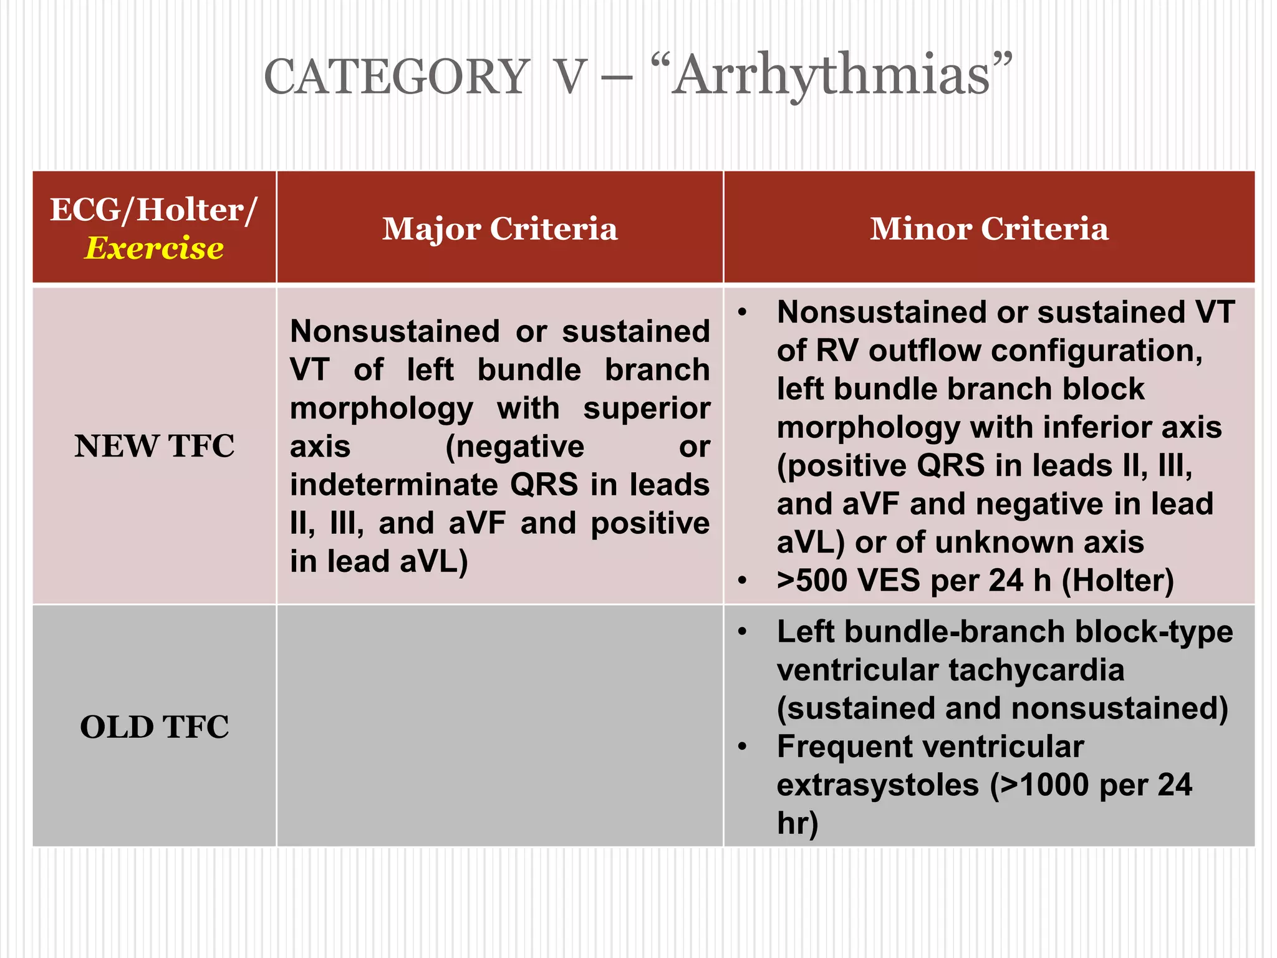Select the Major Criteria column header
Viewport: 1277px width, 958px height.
[x=499, y=228]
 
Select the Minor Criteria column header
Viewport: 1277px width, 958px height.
[x=989, y=228]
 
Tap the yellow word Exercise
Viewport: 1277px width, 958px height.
[x=154, y=248]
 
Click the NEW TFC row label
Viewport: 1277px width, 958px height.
[x=154, y=446]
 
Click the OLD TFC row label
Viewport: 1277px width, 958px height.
[x=154, y=727]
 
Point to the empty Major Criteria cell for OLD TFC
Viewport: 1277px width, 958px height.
[x=499, y=727]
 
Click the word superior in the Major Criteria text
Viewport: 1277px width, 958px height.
[x=646, y=409]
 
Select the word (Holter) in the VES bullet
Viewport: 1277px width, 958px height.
[x=1117, y=581]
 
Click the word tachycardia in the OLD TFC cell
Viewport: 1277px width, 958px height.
[x=1036, y=670]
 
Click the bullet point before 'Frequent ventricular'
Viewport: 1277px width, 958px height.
[x=742, y=747]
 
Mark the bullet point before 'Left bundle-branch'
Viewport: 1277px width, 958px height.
[x=742, y=632]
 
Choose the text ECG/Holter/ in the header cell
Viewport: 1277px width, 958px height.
[x=154, y=210]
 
